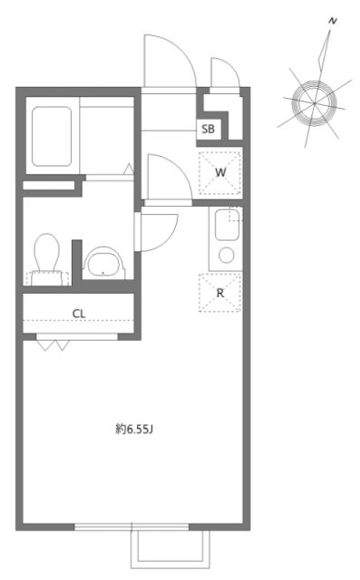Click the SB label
click(x=209, y=129)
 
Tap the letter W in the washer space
click(x=220, y=172)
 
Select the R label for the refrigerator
click(x=220, y=293)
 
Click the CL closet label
click(x=79, y=314)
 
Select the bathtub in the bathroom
click(x=53, y=137)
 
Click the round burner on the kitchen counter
click(x=227, y=255)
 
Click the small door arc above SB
click(x=224, y=74)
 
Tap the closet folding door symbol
click(x=55, y=343)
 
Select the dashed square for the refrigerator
click(x=220, y=293)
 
